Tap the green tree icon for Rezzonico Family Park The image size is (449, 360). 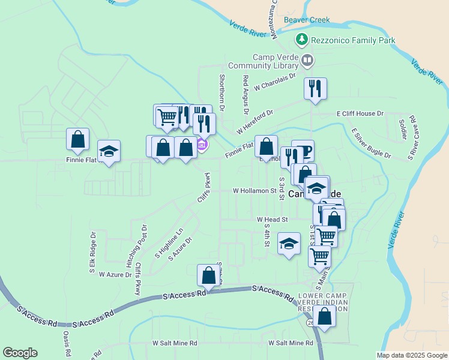point(302,40)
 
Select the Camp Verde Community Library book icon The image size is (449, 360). point(307,61)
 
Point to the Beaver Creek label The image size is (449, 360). point(307,20)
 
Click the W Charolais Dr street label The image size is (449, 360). point(276,82)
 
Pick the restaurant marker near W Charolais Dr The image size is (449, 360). point(315,89)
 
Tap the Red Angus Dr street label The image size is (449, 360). point(246,95)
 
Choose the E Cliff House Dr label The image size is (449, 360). point(360,113)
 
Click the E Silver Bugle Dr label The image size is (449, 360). point(370,143)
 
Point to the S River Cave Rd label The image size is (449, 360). point(412,138)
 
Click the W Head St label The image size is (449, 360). point(273,220)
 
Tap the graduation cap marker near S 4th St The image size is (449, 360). point(289,244)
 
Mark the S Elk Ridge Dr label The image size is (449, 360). point(93,253)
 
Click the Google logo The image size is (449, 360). point(20,353)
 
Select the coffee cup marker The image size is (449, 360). point(303,151)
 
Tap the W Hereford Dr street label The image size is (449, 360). point(255,122)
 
